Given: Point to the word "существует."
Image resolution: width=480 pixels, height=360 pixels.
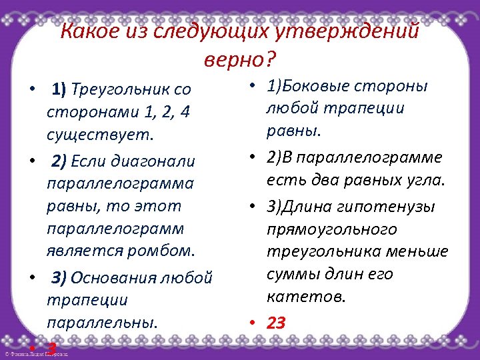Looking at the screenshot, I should pos(100,135).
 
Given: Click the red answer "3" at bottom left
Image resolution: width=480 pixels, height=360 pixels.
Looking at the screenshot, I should pos(51,347).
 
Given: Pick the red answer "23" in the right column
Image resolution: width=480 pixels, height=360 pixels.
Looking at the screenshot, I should pos(276,323).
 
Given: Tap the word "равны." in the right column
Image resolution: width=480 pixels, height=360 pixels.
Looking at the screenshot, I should pos(294,131).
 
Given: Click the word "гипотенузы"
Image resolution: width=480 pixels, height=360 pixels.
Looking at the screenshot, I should pos(394,206).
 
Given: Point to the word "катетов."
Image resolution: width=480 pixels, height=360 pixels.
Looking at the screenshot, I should pos(306,296).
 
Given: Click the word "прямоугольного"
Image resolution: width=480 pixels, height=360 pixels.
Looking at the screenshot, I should pos(331,229).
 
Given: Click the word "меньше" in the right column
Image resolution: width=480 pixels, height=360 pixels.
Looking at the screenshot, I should pos(425,251).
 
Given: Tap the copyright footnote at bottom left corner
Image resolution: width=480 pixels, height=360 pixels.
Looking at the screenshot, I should pos(36,354).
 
